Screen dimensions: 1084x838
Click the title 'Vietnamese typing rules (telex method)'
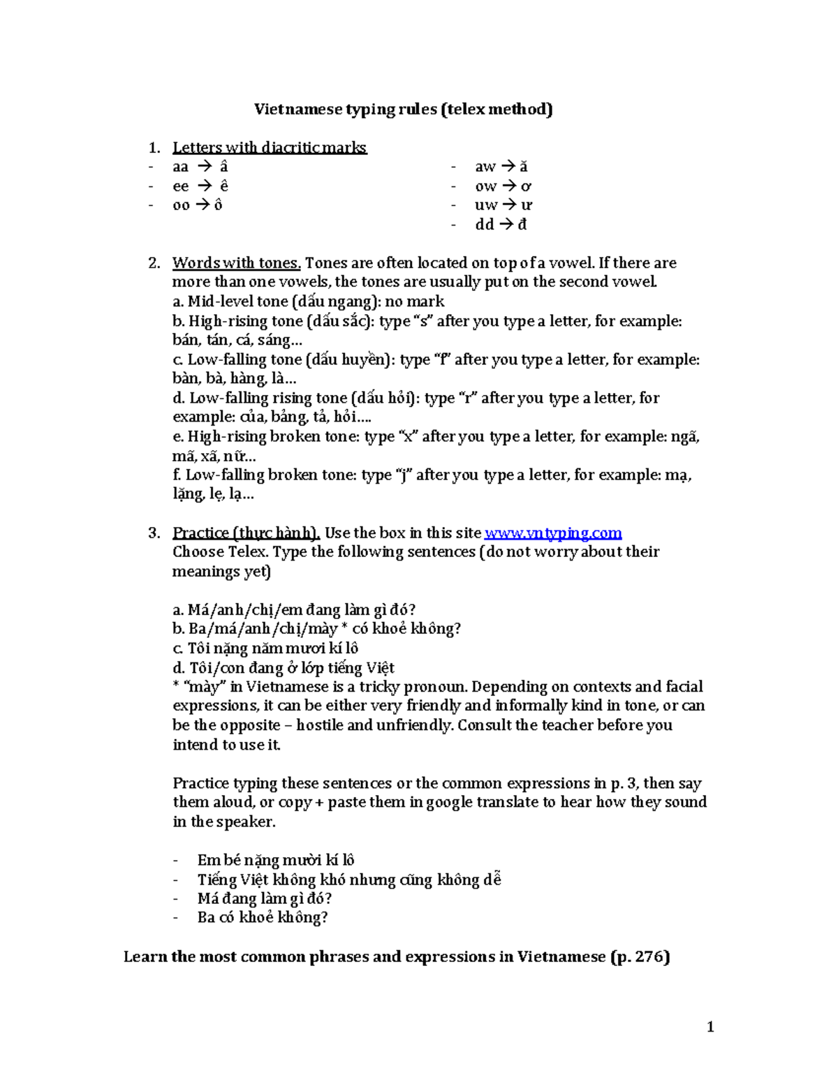click(403, 110)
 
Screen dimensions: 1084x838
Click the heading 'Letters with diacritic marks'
click(269, 148)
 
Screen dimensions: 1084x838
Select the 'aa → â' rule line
click(200, 167)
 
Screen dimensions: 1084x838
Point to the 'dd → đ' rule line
click(501, 225)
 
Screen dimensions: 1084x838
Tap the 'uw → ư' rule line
click(503, 205)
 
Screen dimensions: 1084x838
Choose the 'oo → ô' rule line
click(197, 205)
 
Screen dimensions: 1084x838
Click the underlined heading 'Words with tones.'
click(236, 263)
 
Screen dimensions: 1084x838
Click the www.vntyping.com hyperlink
click(552, 533)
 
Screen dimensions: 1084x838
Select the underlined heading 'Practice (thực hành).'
click(246, 533)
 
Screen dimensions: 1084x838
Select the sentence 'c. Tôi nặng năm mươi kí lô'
click(265, 648)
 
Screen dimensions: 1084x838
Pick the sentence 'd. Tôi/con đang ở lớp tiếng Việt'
click(284, 668)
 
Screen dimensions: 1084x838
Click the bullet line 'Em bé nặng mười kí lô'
click(276, 861)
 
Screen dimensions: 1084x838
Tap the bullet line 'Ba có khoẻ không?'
click(263, 918)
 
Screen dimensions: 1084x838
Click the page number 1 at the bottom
click(710, 1027)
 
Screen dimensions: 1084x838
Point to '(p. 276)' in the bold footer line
click(640, 957)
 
